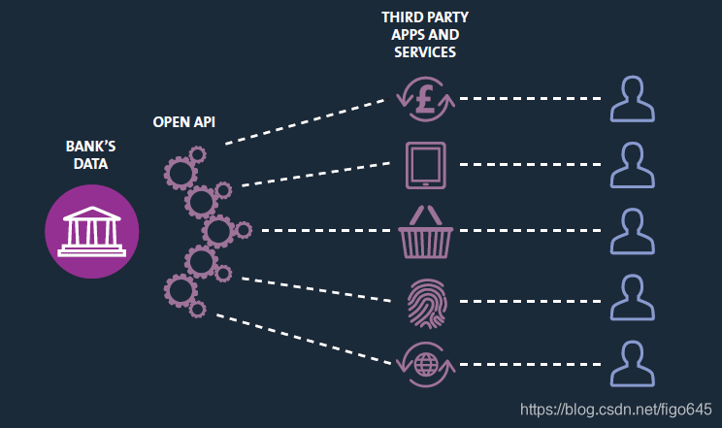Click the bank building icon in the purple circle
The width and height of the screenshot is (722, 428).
click(x=92, y=231)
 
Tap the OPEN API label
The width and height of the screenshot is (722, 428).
click(x=184, y=122)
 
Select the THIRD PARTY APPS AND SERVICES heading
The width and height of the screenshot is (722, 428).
click(x=420, y=34)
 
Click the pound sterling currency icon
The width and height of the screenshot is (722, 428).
click(x=425, y=99)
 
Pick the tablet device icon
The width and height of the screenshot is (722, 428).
click(x=425, y=164)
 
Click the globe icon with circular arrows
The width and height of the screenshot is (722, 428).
click(x=425, y=364)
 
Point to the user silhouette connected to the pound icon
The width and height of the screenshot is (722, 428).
click(x=633, y=99)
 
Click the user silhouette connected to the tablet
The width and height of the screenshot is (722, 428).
click(x=633, y=164)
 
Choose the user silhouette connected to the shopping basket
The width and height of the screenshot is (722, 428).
click(x=633, y=231)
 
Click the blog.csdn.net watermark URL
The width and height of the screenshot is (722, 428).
click(x=616, y=411)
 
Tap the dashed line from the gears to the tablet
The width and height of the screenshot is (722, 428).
click(x=320, y=174)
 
